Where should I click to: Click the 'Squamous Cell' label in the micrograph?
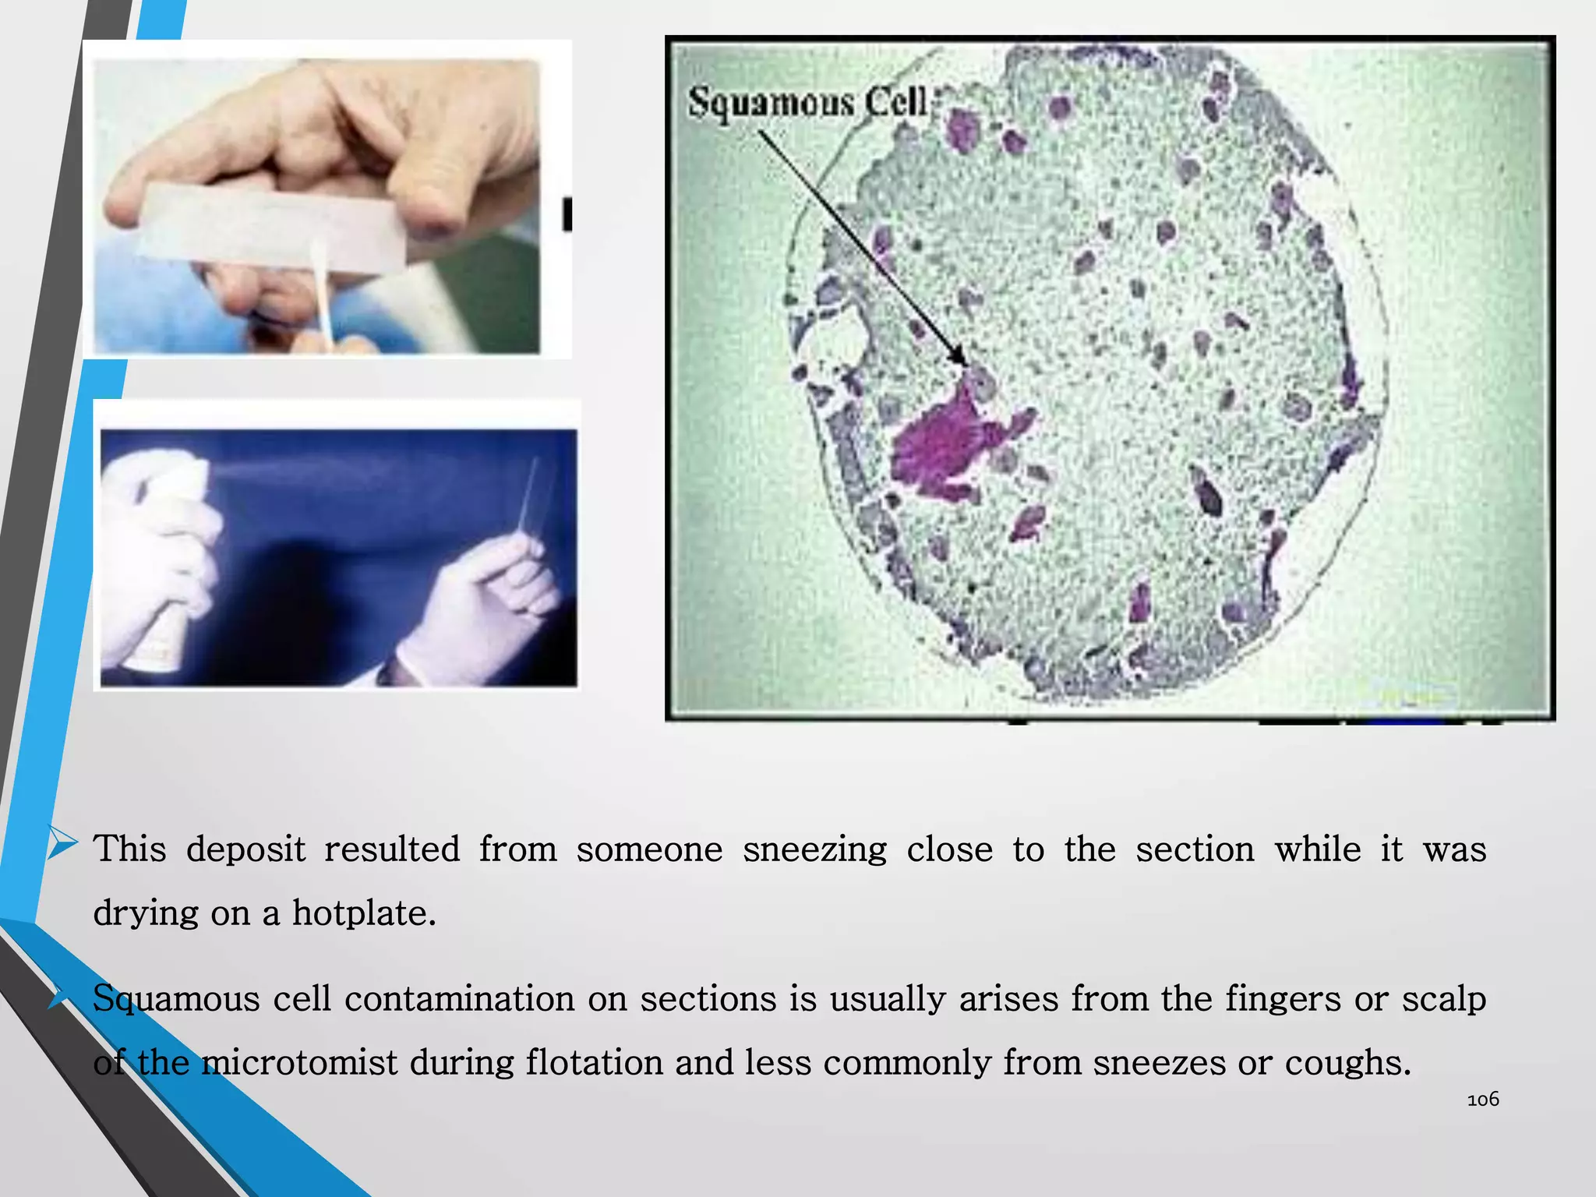point(807,102)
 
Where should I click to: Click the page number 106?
point(1482,1100)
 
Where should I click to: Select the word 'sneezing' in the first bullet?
point(814,849)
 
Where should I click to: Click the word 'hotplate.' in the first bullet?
point(364,913)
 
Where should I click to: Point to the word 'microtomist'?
point(299,1062)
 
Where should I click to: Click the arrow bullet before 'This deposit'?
point(62,845)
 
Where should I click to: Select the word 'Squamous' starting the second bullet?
point(176,999)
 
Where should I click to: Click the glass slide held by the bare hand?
point(273,226)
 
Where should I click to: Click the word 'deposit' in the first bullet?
point(245,849)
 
